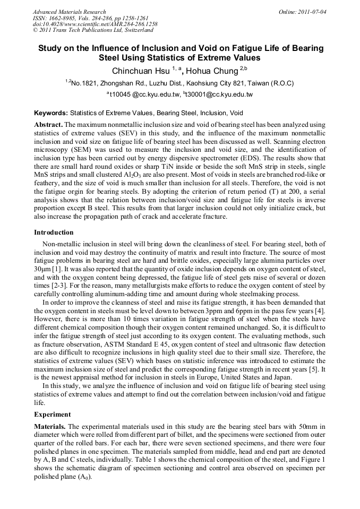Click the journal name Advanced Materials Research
click(69, 12)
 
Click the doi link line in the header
click(95, 24)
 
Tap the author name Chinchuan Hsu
click(140, 71)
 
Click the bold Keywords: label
click(51, 114)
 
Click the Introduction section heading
click(54, 232)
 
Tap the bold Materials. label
click(50, 427)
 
